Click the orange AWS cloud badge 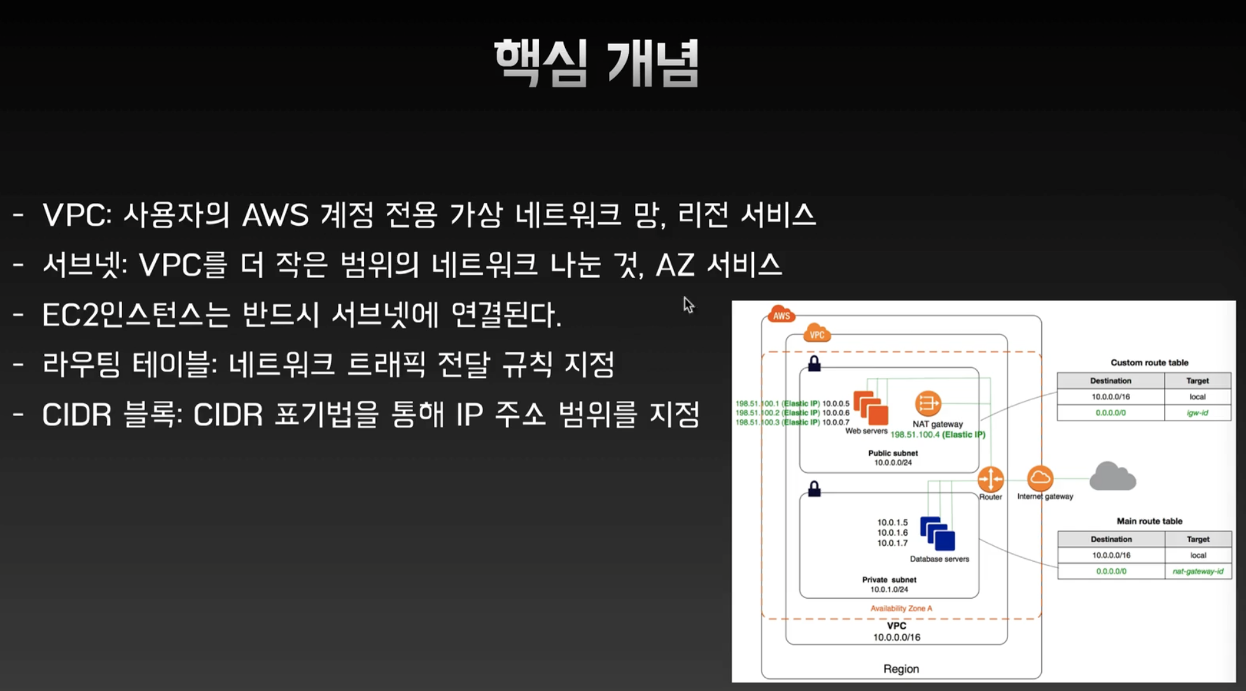pos(781,315)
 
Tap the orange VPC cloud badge pos(816,334)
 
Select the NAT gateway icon pos(928,403)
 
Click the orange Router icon pos(990,479)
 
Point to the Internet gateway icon pos(1040,478)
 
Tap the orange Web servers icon pos(871,408)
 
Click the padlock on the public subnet pos(814,363)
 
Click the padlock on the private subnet pos(814,489)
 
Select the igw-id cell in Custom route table pos(1197,413)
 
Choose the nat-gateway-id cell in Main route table pos(1198,571)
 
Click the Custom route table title pos(1149,363)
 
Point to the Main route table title pos(1149,521)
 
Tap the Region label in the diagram pos(901,669)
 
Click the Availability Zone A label pos(901,608)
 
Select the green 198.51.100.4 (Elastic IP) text pos(937,435)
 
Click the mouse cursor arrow pos(688,304)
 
